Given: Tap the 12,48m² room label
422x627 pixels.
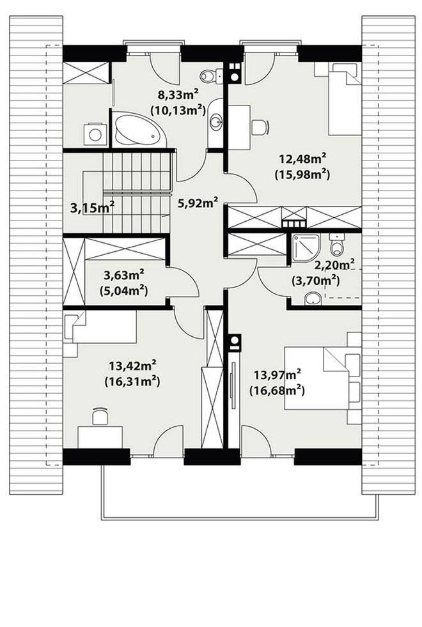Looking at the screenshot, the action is coord(302,159).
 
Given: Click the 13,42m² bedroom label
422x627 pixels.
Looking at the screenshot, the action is coord(132,365).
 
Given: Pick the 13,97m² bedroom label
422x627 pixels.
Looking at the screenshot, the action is coord(277,375).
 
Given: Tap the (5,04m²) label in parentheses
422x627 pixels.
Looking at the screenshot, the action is coord(124,290).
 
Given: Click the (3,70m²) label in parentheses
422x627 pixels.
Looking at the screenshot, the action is coord(316,281).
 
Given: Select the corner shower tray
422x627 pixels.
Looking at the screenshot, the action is coord(306,248).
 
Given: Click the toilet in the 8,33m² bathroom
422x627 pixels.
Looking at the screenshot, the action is coord(211,75).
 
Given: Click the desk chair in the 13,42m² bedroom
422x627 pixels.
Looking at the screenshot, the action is coord(100,416).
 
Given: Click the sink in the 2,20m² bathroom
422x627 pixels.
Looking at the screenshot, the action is coord(313,298).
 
